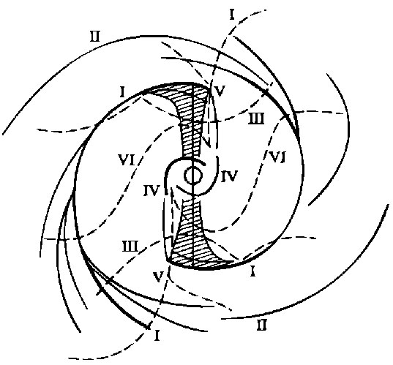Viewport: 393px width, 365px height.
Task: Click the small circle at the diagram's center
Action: [193, 176]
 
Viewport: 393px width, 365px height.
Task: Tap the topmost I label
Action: [232, 15]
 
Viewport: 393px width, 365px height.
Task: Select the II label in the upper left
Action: [94, 37]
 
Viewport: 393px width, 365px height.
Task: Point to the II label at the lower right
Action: [262, 326]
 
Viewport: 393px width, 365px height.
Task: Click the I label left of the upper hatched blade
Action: [122, 92]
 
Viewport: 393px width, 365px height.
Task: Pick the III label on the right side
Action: [256, 118]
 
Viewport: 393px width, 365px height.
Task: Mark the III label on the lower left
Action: [130, 247]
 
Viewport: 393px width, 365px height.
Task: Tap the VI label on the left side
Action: [127, 160]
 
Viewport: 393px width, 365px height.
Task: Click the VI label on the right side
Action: [276, 157]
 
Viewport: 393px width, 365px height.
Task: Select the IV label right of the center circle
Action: [229, 176]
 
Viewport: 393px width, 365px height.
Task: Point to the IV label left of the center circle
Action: [151, 191]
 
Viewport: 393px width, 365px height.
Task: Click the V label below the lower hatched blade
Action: [159, 276]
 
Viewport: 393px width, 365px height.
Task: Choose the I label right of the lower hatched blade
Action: [252, 271]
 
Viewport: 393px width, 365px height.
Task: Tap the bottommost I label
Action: [157, 336]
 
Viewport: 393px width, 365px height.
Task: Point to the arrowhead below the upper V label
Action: [209, 143]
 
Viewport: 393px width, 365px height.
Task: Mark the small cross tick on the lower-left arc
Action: [100, 291]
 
